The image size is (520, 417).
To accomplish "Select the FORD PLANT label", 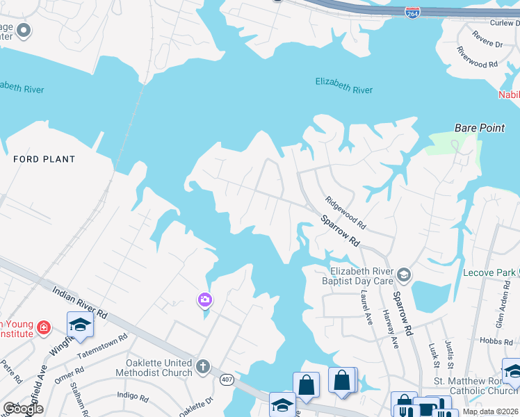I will [44, 159].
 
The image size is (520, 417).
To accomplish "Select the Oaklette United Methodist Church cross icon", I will [202, 366].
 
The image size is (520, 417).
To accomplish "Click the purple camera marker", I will [204, 300].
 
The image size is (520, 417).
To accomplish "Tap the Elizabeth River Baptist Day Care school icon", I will [404, 276].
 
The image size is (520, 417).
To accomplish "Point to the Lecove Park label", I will [489, 272].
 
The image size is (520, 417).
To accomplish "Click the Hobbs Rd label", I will [496, 341].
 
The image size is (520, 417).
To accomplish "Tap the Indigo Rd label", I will [133, 398].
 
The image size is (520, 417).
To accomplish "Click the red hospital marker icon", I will [43, 327].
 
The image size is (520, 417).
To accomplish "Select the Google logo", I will [23, 409].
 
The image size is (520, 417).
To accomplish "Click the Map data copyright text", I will [490, 411].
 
